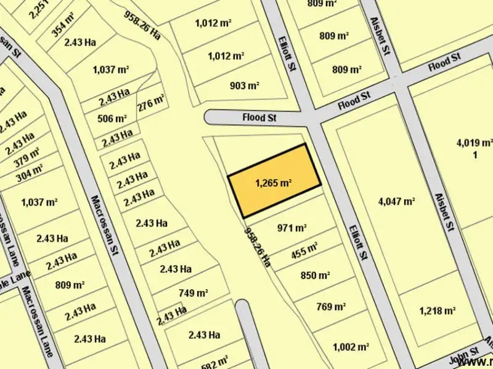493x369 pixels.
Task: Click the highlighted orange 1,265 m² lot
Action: (274, 182)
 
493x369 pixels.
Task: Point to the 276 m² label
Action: (151, 103)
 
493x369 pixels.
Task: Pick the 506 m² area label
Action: (112, 118)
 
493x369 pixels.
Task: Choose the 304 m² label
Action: (30, 173)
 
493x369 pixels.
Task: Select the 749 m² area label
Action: (192, 293)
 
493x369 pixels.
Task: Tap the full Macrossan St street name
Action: (103, 225)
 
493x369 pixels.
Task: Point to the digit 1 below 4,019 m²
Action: (476, 155)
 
